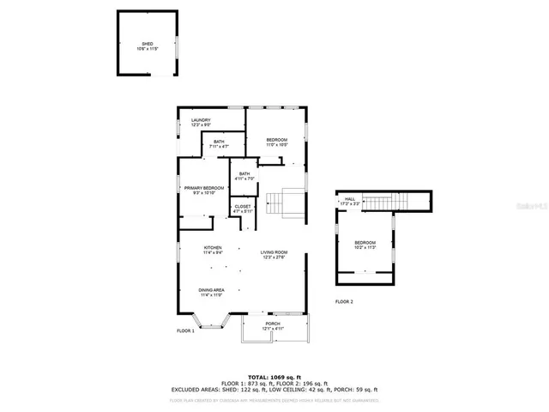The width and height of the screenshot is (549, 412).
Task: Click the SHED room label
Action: tap(148, 46)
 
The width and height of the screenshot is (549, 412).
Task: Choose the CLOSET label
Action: tap(243, 209)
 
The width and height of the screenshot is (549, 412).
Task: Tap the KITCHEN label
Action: tap(213, 250)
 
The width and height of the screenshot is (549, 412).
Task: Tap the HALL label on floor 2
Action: tap(350, 201)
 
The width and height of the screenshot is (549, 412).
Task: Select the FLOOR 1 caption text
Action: tap(185, 330)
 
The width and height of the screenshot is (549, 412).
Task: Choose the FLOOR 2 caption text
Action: tap(344, 302)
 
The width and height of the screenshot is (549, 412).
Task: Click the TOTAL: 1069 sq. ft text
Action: tap(274, 377)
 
